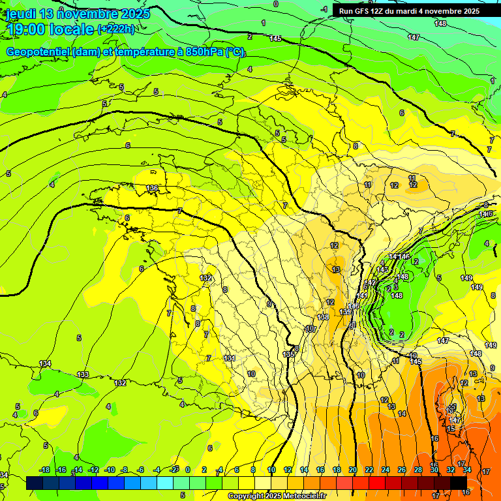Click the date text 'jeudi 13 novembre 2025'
click(x=78, y=14)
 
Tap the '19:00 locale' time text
click(x=50, y=28)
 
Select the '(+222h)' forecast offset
click(x=116, y=29)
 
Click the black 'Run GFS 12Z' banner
click(x=409, y=11)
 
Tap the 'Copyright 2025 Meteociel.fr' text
click(x=277, y=496)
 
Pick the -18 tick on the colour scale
click(x=44, y=470)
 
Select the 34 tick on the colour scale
click(x=466, y=470)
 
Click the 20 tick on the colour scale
click(x=352, y=470)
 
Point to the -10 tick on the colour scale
click(x=110, y=470)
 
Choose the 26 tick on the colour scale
click(x=401, y=470)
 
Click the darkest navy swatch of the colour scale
click(x=35, y=483)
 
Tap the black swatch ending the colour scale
click(x=459, y=483)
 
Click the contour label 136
click(x=152, y=189)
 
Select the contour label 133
click(x=83, y=374)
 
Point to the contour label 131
click(x=229, y=358)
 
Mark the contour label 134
click(x=45, y=363)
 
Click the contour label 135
click(x=289, y=354)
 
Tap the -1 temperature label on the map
click(x=324, y=9)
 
